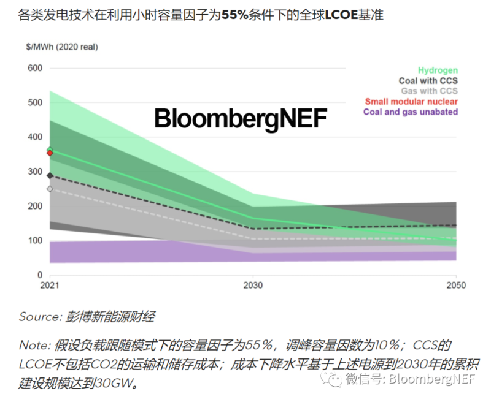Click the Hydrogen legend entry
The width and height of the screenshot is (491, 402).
438,70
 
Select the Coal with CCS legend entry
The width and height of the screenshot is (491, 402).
428,81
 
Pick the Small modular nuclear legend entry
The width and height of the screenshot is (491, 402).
411,102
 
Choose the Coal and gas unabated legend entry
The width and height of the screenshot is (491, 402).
411,112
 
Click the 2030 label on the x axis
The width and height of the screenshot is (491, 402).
253,286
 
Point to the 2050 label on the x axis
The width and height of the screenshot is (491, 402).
455,286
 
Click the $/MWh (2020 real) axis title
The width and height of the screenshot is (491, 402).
62,47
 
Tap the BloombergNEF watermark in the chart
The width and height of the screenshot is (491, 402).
240,118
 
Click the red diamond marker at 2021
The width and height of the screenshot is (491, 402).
50,153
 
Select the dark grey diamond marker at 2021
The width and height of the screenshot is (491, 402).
50,176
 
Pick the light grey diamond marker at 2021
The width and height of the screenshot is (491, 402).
50,189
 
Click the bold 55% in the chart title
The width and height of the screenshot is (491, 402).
236,14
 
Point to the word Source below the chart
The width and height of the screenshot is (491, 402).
39,317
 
